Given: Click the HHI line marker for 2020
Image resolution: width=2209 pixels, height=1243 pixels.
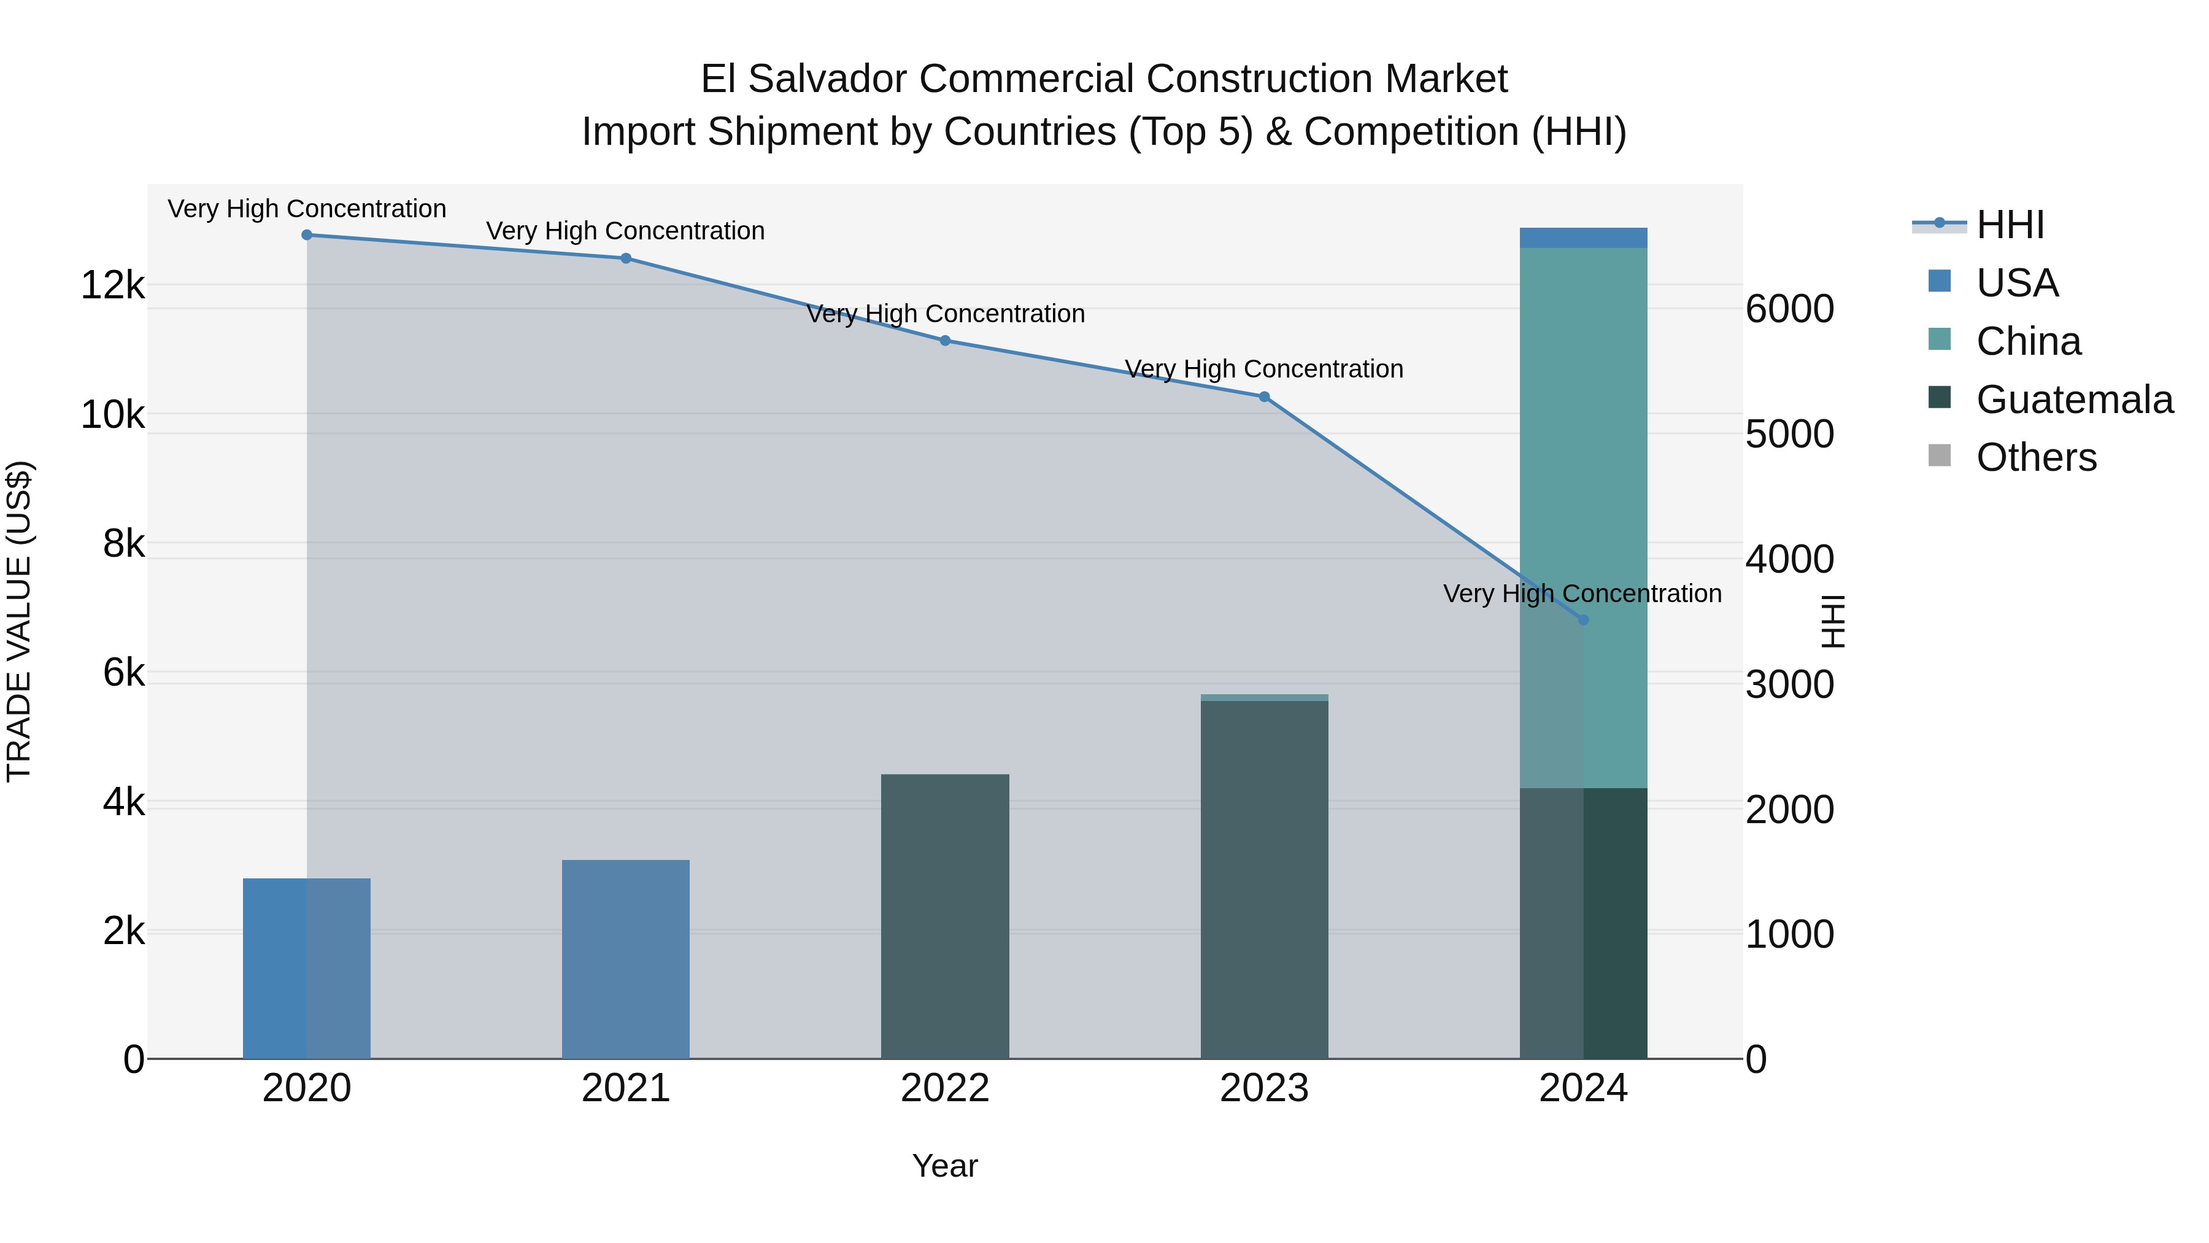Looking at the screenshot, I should point(307,235).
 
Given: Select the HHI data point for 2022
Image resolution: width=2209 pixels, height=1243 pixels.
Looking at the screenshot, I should point(945,341).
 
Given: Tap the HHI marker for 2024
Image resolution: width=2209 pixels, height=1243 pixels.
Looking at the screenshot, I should point(1583,619).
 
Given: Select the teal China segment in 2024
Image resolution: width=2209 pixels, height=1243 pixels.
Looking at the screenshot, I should point(1583,515).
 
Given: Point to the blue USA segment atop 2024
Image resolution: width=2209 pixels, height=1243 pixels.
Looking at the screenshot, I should point(1583,238).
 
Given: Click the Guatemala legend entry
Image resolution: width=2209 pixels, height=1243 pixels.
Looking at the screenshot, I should point(2073,400).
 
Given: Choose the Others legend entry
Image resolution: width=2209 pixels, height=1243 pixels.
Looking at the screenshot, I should point(2036,458).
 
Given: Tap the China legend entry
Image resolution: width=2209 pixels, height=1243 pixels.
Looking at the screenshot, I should point(2028,341).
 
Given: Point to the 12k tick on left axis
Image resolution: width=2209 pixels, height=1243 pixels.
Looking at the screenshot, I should point(112,285).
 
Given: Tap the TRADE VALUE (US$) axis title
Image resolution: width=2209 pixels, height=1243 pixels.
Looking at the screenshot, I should point(19,621).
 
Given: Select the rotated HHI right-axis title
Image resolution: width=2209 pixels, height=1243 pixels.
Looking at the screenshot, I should point(1832,621).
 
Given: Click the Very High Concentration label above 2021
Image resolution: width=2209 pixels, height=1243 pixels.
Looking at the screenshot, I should point(625,231).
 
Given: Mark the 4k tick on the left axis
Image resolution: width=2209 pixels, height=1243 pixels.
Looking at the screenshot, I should point(123,802).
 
